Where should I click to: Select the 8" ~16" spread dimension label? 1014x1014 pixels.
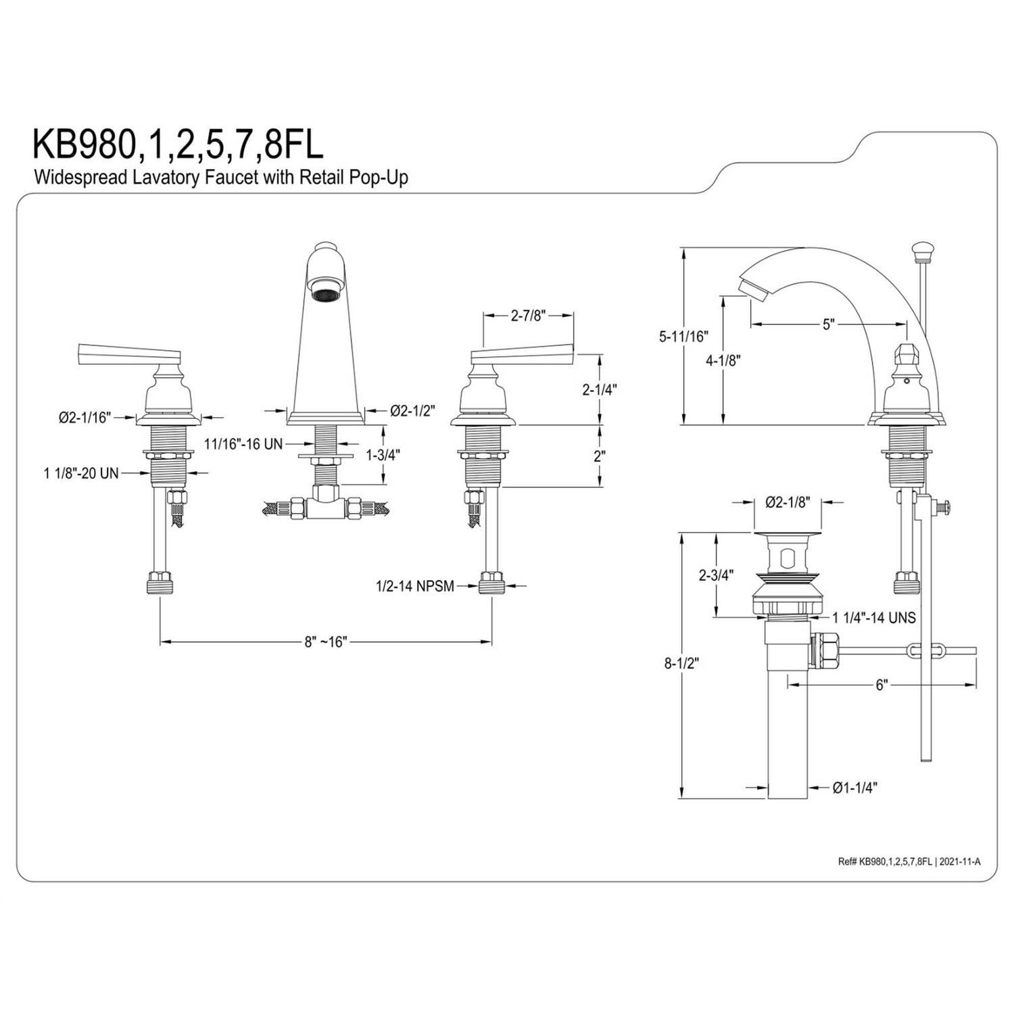pos(324,642)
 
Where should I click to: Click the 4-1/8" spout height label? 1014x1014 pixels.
pos(723,360)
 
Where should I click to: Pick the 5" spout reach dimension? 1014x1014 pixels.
pos(829,324)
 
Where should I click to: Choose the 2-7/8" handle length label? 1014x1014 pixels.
pos(528,315)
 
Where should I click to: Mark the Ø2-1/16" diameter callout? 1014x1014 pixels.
pos(84,417)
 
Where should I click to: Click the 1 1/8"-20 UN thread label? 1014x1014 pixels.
pos(81,473)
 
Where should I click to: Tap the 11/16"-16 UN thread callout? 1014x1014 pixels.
pos(243,443)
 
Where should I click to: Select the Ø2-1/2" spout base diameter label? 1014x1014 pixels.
pos(412,410)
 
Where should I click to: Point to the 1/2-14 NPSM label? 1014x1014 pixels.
pos(415,586)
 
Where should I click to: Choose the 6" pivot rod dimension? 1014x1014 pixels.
pos(881,685)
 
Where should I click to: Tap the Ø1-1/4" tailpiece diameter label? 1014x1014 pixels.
pos(855,787)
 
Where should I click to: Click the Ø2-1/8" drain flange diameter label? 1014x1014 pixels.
pos(788,502)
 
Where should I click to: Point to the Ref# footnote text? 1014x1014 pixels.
pos(909,861)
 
